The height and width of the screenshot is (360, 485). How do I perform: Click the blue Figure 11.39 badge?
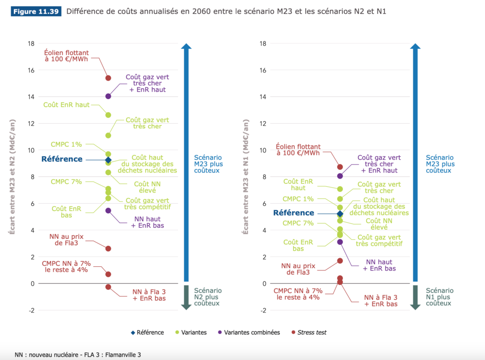[36, 11]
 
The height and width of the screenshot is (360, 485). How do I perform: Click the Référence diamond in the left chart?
[108, 160]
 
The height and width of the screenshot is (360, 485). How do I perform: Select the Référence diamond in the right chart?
[340, 214]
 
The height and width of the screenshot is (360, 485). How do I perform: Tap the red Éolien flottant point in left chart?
[108, 78]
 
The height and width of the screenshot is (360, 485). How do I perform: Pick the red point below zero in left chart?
[108, 287]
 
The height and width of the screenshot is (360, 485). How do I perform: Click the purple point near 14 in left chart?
[108, 96]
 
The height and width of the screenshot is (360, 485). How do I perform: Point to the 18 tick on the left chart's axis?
[32, 44]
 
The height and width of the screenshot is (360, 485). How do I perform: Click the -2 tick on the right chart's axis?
[263, 310]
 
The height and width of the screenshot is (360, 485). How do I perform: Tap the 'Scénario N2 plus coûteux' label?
[208, 297]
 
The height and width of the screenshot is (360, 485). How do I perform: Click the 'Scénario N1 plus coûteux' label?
[440, 297]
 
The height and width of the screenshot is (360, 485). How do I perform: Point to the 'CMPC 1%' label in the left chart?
[66, 144]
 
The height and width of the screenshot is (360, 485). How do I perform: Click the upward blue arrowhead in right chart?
[415, 46]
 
